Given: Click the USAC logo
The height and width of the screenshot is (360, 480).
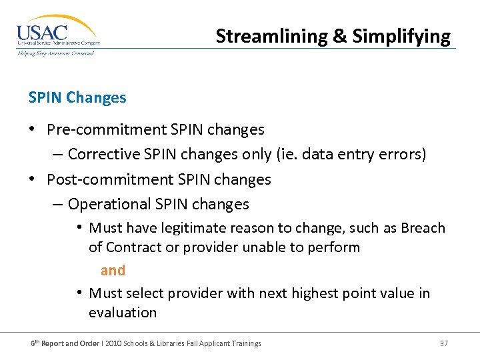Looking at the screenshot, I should pos(57,35).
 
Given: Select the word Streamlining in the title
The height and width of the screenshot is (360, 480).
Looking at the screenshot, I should pos(271,36).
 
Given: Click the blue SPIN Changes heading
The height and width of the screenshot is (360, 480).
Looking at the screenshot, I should pos(77,97).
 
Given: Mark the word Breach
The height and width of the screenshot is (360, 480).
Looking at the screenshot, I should pos(423,228).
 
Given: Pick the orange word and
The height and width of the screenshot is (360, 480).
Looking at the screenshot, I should pos(113,270).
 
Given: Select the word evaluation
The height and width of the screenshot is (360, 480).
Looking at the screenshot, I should pos(123,313).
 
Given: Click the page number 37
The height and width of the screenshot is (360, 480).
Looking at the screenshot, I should pos(444,343).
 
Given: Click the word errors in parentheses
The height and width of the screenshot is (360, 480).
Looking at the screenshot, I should pos(400,154).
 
